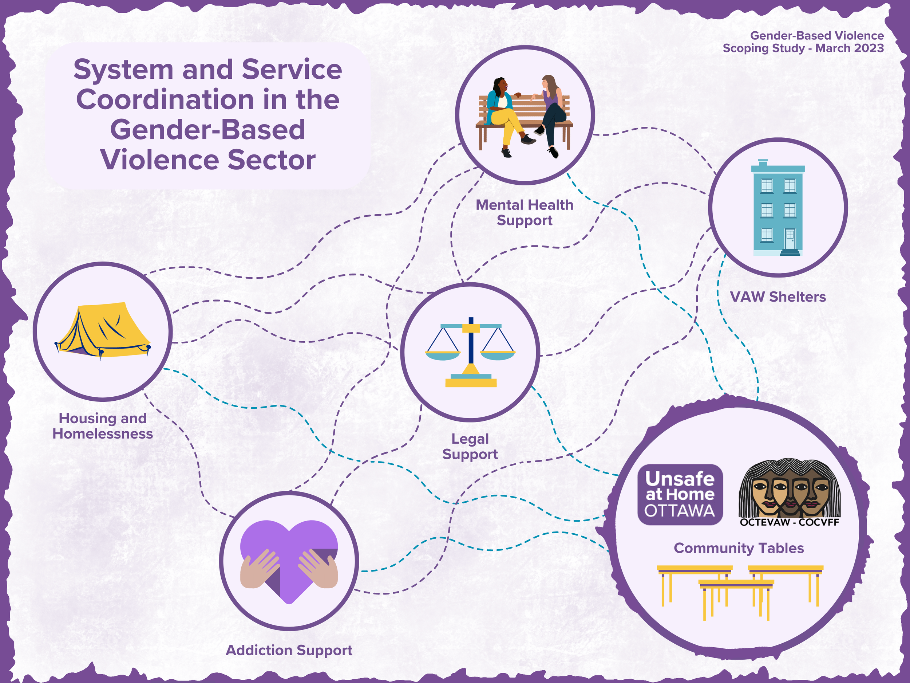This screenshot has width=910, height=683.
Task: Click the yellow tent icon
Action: click(103, 329)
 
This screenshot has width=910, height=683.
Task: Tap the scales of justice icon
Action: click(471, 352)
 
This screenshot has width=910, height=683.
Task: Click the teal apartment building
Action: click(778, 208)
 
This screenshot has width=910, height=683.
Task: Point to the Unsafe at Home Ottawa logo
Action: click(680, 494)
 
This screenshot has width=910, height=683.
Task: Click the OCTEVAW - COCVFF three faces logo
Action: click(790, 492)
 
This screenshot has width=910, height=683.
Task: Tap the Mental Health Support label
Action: click(525, 212)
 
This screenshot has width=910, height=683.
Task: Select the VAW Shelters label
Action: click(778, 297)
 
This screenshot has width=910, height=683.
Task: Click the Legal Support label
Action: click(470, 447)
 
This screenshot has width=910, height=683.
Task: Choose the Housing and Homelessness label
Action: click(103, 426)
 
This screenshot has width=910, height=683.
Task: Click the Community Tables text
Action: click(739, 548)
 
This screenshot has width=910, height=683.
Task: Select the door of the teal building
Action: click(790, 240)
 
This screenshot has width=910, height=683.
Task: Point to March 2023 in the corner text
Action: click(850, 48)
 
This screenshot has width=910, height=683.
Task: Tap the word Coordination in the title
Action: click(165, 100)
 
